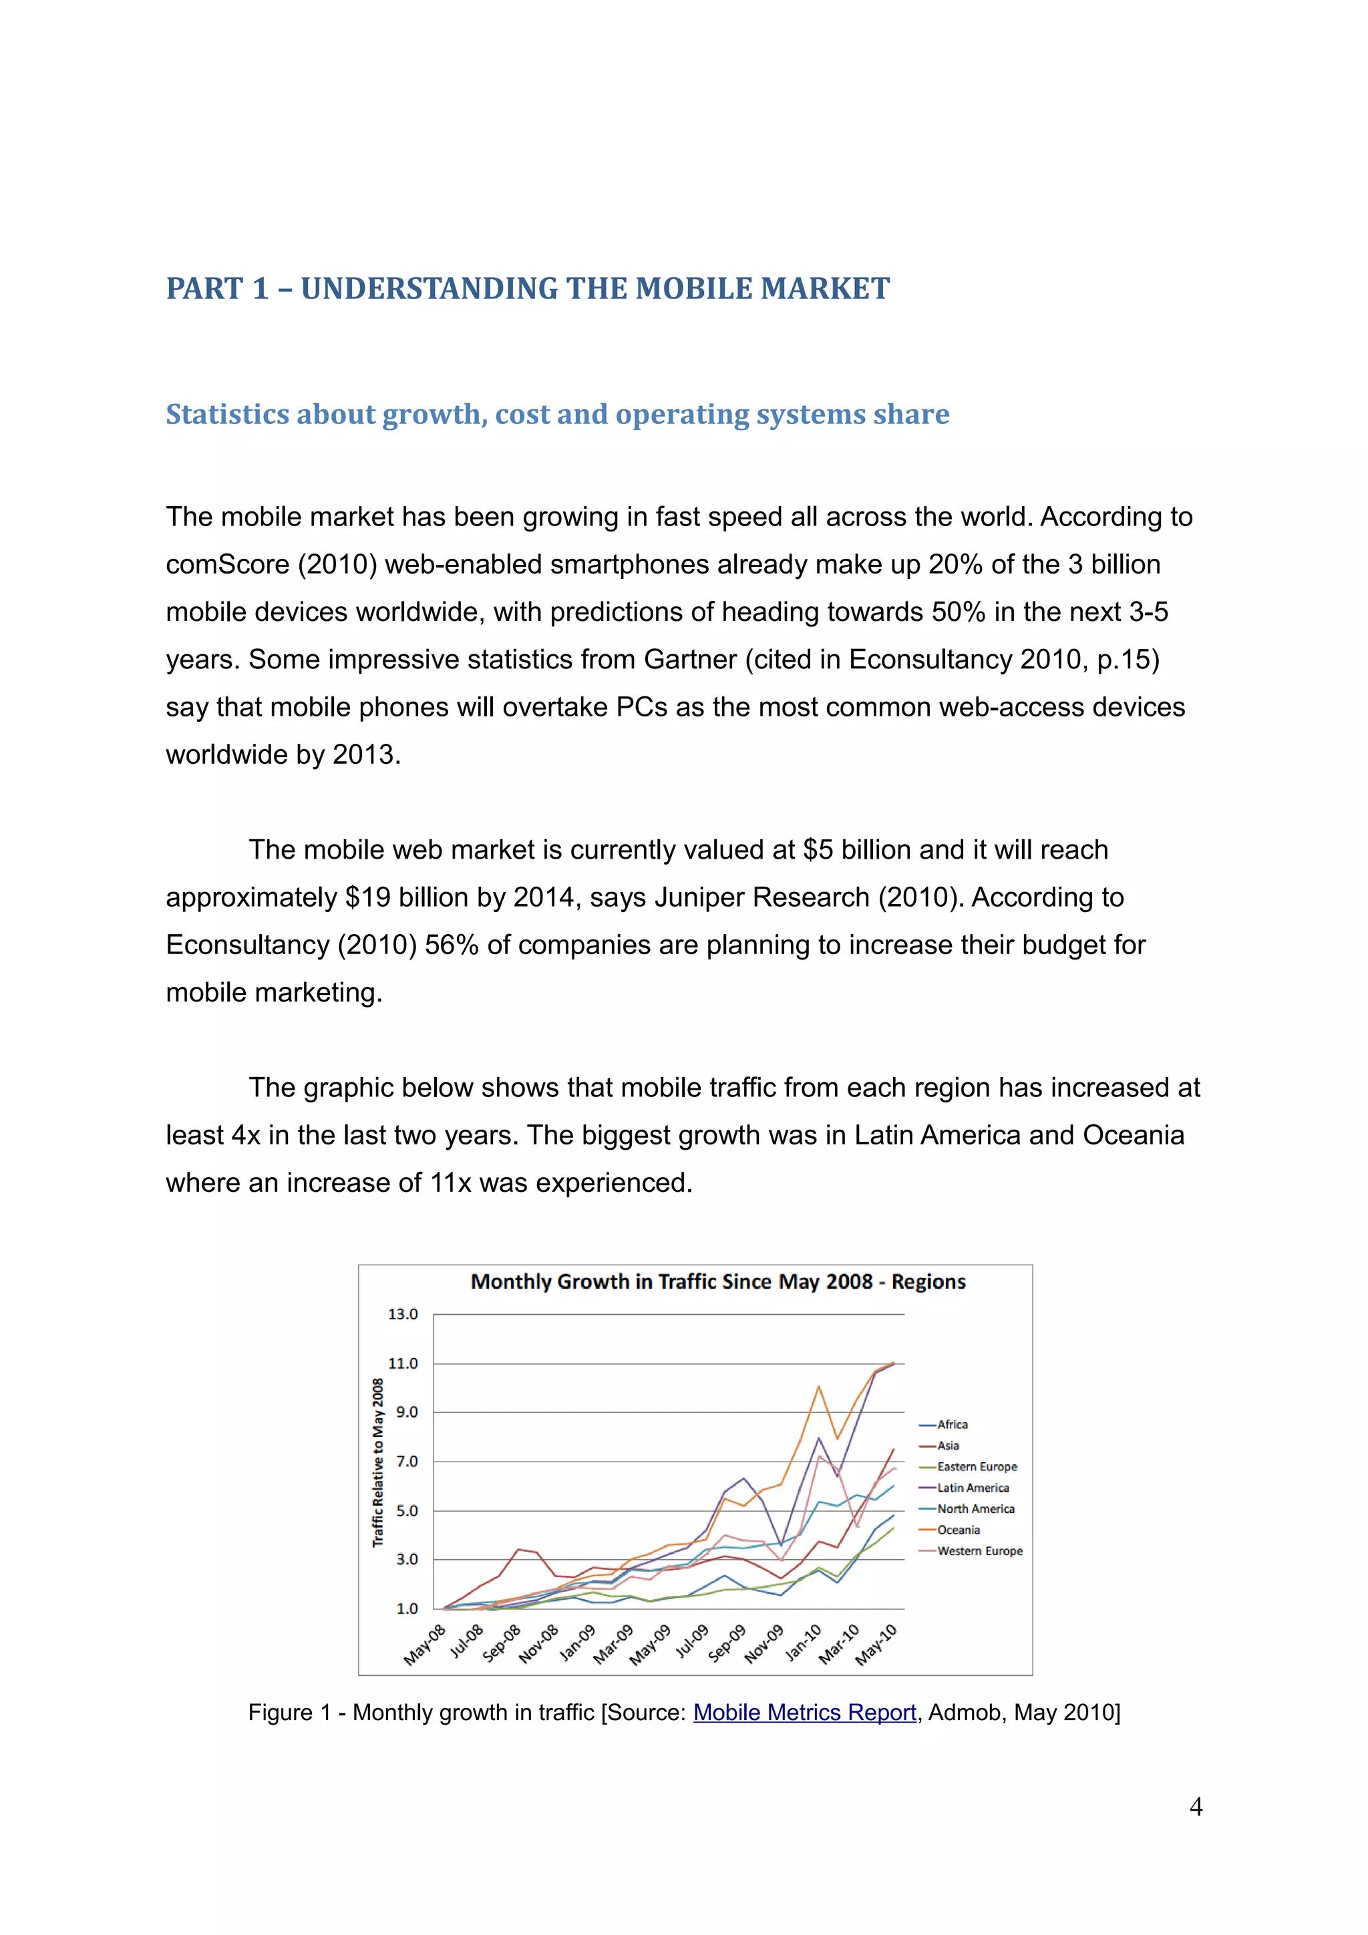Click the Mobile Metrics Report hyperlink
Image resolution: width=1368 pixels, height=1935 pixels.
tap(804, 1712)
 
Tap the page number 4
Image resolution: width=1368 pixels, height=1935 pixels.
tap(1195, 1806)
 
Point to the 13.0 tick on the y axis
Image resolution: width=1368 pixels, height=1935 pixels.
tap(403, 1314)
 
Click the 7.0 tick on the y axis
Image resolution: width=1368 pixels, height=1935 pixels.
tap(406, 1462)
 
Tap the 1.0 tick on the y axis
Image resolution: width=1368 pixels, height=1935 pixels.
tap(406, 1608)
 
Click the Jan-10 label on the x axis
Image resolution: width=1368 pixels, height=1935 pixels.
tap(804, 1643)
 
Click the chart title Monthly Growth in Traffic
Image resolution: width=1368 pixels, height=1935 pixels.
tap(717, 1282)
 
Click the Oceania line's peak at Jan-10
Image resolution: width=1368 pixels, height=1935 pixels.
tap(818, 1386)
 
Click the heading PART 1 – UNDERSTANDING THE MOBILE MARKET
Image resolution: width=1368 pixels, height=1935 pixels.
tap(527, 288)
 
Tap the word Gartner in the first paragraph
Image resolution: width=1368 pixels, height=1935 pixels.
tap(690, 659)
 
